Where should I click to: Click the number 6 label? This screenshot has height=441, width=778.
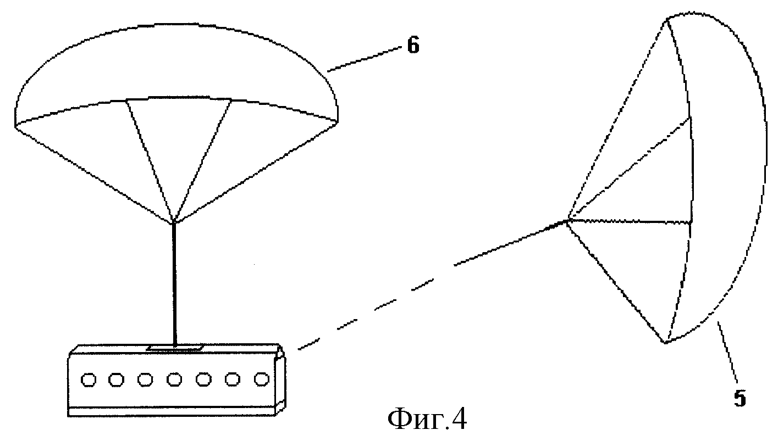click(x=413, y=46)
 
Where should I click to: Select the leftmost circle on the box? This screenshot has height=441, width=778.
click(x=87, y=379)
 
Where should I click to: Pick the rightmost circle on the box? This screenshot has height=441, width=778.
click(x=261, y=378)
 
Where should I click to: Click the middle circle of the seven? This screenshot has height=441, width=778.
click(x=174, y=379)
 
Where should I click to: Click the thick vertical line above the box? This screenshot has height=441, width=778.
click(x=174, y=286)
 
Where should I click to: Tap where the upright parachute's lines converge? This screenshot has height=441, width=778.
click(x=174, y=222)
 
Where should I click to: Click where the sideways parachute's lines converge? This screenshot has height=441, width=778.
click(x=566, y=221)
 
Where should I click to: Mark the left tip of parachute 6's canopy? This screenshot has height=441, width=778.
click(x=15, y=126)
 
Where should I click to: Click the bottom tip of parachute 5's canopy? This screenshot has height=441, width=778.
click(x=665, y=342)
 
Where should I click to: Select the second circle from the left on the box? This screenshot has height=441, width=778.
click(x=116, y=379)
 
